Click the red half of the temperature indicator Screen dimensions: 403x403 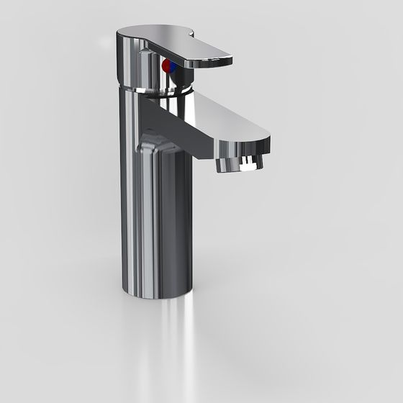tap(166, 66)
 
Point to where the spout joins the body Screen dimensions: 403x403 tap(148, 108)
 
